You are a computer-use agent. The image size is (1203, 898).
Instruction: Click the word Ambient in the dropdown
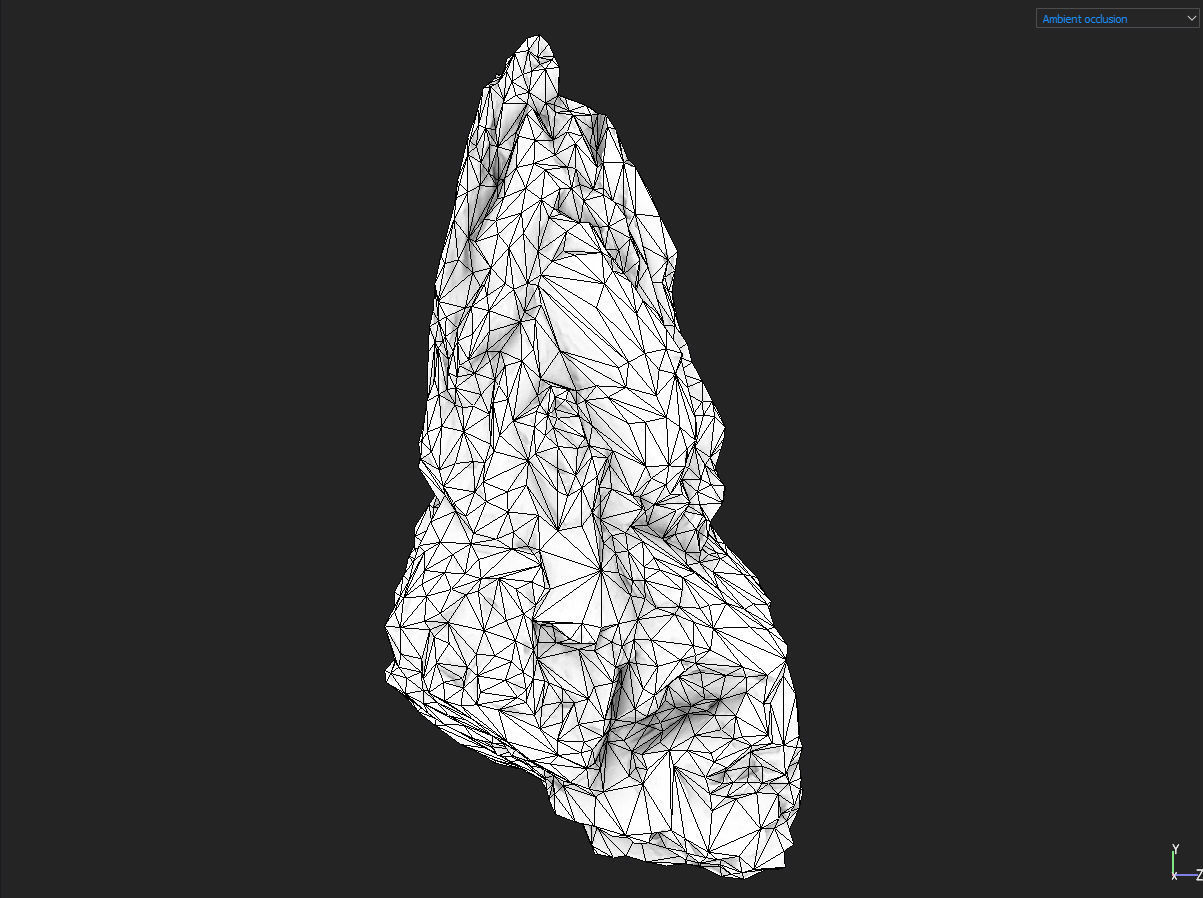[x=1061, y=19]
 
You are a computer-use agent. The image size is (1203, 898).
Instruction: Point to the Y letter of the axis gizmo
[x=1174, y=849]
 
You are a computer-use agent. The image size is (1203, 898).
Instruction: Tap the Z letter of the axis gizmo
[x=1198, y=875]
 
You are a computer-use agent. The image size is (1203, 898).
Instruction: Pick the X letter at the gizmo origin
[x=1174, y=877]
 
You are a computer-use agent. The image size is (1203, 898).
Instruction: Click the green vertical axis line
[x=1174, y=862]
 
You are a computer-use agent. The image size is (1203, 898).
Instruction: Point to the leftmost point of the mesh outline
[x=386, y=630]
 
